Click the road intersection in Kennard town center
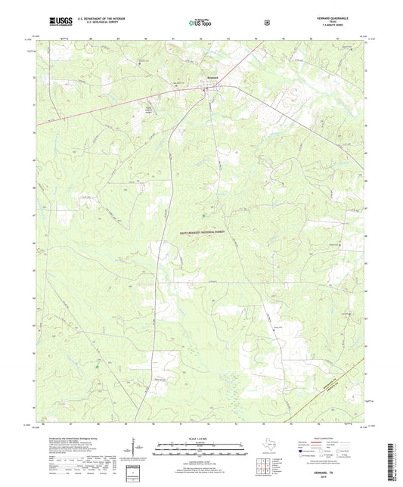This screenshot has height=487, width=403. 204,88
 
